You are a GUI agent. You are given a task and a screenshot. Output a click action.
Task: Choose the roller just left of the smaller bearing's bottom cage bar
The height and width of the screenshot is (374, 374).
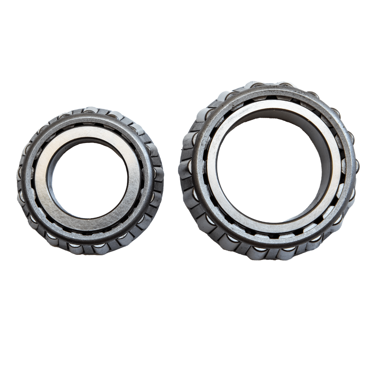74,247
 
